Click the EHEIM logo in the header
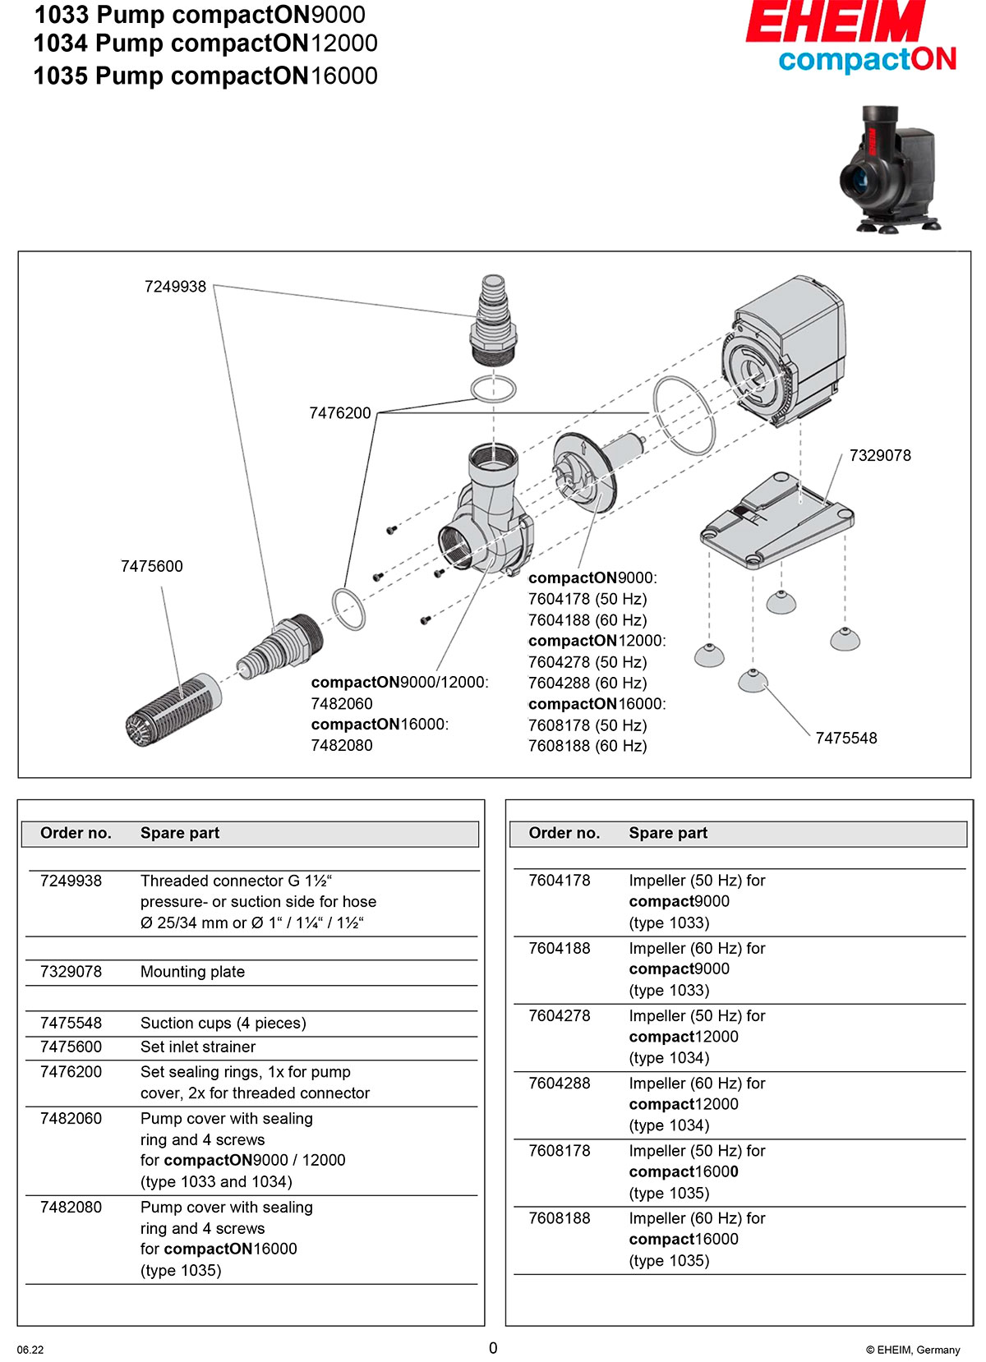pos(835,23)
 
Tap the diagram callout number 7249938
pos(175,287)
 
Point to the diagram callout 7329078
pos(880,456)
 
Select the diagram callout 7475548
pos(845,738)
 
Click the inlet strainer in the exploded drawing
pos(173,709)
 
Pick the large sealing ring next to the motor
pos(684,415)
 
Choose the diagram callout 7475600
pos(152,566)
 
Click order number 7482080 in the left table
pos(71,1207)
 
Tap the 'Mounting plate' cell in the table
pos(192,972)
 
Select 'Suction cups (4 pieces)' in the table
pos(223,1023)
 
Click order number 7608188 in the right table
pos(560,1218)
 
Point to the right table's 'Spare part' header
pos(668,833)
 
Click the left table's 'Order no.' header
pos(76,833)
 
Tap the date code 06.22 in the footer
pos(30,1350)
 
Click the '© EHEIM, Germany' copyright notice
pos(913,1350)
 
